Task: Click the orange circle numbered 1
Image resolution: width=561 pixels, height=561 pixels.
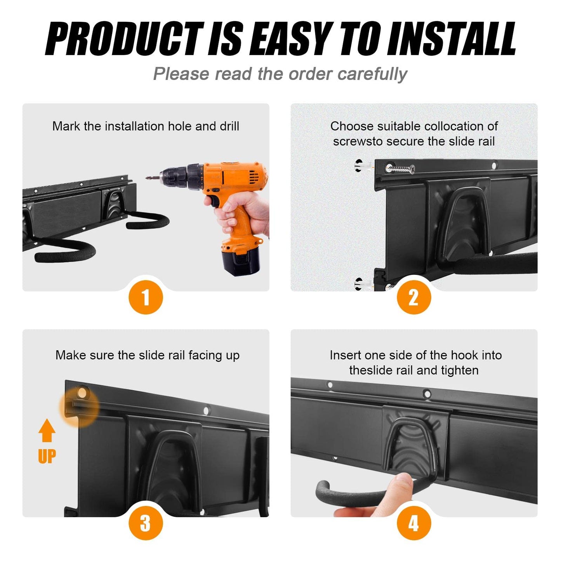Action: [x=146, y=297]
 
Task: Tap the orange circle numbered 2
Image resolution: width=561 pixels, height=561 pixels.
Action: [x=414, y=297]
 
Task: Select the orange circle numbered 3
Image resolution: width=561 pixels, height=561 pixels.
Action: [x=146, y=523]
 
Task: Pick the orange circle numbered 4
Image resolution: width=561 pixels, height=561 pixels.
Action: [x=414, y=523]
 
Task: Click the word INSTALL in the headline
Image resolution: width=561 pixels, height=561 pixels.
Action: [x=451, y=39]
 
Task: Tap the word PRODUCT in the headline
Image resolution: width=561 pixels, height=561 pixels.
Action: [x=125, y=39]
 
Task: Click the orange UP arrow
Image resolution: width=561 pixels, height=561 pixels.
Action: [x=47, y=430]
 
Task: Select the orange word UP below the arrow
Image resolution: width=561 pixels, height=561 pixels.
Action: [x=47, y=456]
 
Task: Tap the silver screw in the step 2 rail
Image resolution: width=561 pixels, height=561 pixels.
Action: [x=400, y=168]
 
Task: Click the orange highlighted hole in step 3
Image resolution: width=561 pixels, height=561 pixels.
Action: [x=82, y=392]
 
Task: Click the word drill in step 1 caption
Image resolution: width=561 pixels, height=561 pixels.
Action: [x=229, y=126]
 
